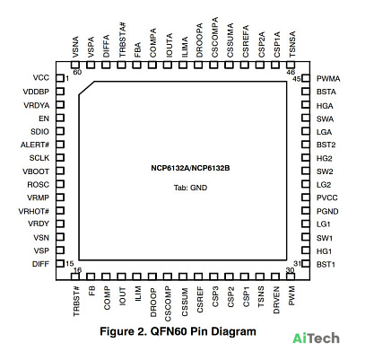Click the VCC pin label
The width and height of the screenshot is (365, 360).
pyautogui.click(x=41, y=78)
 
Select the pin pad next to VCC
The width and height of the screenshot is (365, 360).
pyautogui.click(x=60, y=78)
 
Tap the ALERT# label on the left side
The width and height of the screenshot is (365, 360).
pyautogui.click(x=35, y=145)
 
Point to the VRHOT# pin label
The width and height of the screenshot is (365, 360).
pyautogui.click(x=34, y=211)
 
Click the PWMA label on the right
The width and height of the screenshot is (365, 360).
pyautogui.click(x=328, y=79)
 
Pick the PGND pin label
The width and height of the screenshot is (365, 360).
pyautogui.click(x=327, y=211)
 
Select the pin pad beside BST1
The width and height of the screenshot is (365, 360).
pyautogui.click(x=306, y=264)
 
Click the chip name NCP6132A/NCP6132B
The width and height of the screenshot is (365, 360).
pyautogui.click(x=190, y=168)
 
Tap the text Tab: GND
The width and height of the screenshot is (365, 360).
pyautogui.click(x=190, y=188)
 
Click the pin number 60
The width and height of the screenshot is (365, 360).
pyautogui.click(x=77, y=72)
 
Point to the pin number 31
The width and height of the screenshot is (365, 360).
pyautogui.click(x=297, y=264)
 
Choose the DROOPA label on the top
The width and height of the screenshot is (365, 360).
pyautogui.click(x=199, y=40)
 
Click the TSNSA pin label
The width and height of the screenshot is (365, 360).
pyautogui.click(x=292, y=44)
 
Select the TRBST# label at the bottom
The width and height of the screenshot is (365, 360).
pyautogui.click(x=76, y=301)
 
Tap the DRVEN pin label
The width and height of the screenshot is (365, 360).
pyautogui.click(x=276, y=300)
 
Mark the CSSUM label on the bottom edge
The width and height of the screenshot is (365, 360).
pyautogui.click(x=185, y=302)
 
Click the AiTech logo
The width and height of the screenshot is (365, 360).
pyautogui.click(x=316, y=338)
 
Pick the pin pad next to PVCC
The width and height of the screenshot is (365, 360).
pyautogui.click(x=306, y=198)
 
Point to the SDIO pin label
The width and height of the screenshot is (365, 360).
pyautogui.click(x=39, y=132)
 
